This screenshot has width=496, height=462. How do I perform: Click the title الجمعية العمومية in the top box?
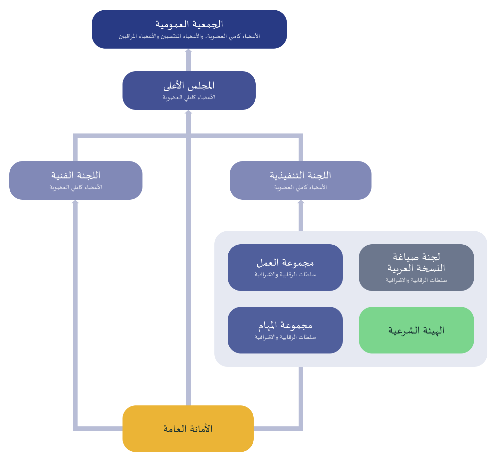point(189,24)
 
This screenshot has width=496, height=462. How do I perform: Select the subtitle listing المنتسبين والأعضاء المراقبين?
point(189,36)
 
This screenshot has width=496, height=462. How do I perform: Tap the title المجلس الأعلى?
point(189,86)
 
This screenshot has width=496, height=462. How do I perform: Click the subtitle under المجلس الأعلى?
point(189,98)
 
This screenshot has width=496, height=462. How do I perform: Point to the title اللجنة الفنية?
point(76,175)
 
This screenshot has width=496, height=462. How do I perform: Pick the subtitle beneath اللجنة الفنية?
point(76,187)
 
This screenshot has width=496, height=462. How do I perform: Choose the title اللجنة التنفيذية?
point(300,175)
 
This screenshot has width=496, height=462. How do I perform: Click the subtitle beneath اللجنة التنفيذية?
point(300,187)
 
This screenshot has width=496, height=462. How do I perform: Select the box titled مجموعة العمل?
point(285,268)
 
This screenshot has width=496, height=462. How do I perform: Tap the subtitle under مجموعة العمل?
point(285,275)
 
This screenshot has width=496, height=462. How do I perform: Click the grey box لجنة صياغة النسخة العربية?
point(416,268)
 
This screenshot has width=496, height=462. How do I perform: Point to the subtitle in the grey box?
point(416,280)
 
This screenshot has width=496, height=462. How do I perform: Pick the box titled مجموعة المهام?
point(285,330)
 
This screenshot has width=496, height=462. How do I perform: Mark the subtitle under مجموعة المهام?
point(285,337)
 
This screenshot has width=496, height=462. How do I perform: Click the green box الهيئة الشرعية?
point(416,330)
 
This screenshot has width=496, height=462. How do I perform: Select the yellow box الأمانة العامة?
point(188,428)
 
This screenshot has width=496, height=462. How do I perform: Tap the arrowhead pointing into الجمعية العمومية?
point(188,51)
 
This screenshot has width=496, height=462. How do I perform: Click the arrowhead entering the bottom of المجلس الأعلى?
point(188,112)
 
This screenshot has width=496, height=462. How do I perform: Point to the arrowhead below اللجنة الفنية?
point(75,201)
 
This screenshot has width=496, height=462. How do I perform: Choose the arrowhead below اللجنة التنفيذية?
point(301,201)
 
